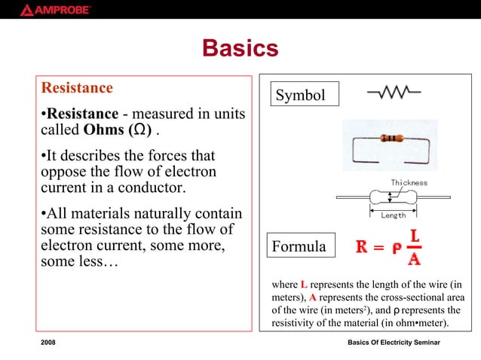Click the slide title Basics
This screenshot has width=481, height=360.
[240, 49]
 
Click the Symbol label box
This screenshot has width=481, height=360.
[300, 95]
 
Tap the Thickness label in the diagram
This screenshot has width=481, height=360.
[409, 183]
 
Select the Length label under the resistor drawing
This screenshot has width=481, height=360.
[393, 215]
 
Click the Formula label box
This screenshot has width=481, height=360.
[299, 246]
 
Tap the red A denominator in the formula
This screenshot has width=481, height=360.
[414, 259]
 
